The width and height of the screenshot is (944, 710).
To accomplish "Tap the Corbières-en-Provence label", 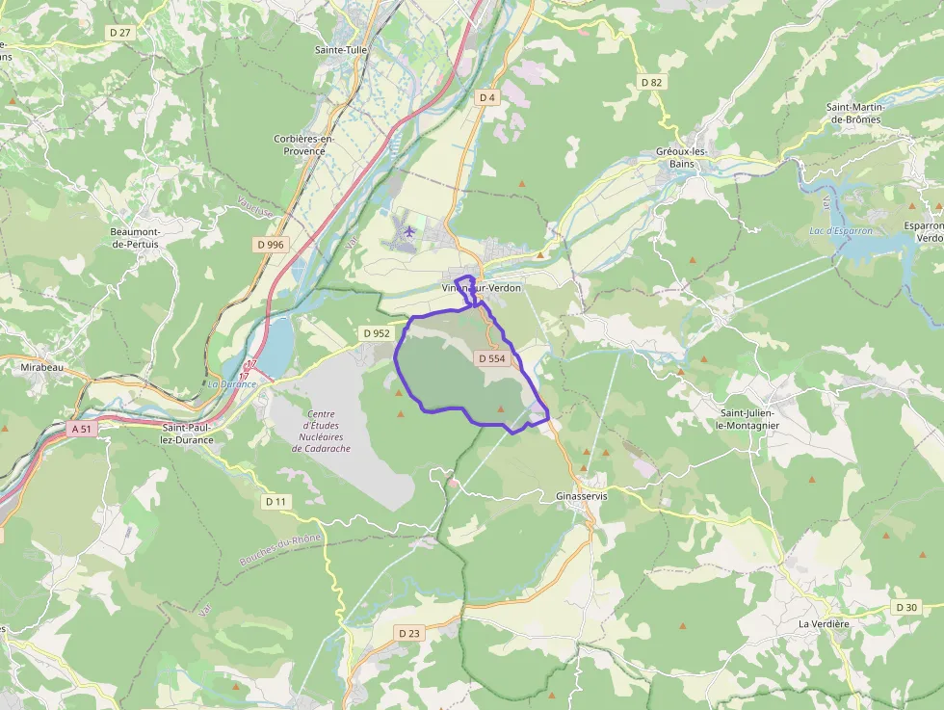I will pyautogui.click(x=303, y=145).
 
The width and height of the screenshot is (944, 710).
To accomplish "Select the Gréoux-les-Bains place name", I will pyautogui.click(x=681, y=158).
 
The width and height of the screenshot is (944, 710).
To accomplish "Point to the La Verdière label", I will pyautogui.click(x=824, y=623).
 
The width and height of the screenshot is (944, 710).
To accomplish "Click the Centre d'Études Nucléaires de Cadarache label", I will pyautogui.click(x=322, y=431).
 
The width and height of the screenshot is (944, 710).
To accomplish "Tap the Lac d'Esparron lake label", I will pyautogui.click(x=841, y=231).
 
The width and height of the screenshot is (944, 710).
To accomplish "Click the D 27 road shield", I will pyautogui.click(x=120, y=32).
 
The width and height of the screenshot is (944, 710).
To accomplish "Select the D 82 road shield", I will pyautogui.click(x=652, y=82).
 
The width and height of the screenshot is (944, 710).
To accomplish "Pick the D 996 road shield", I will pyautogui.click(x=271, y=245).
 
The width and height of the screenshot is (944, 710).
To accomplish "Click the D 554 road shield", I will pyautogui.click(x=491, y=358).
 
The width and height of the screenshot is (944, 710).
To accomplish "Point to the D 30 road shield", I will pyautogui.click(x=906, y=607).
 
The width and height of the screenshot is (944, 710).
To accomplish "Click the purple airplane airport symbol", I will pyautogui.click(x=409, y=231).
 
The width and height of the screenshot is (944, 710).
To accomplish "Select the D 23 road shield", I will pyautogui.click(x=409, y=633).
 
